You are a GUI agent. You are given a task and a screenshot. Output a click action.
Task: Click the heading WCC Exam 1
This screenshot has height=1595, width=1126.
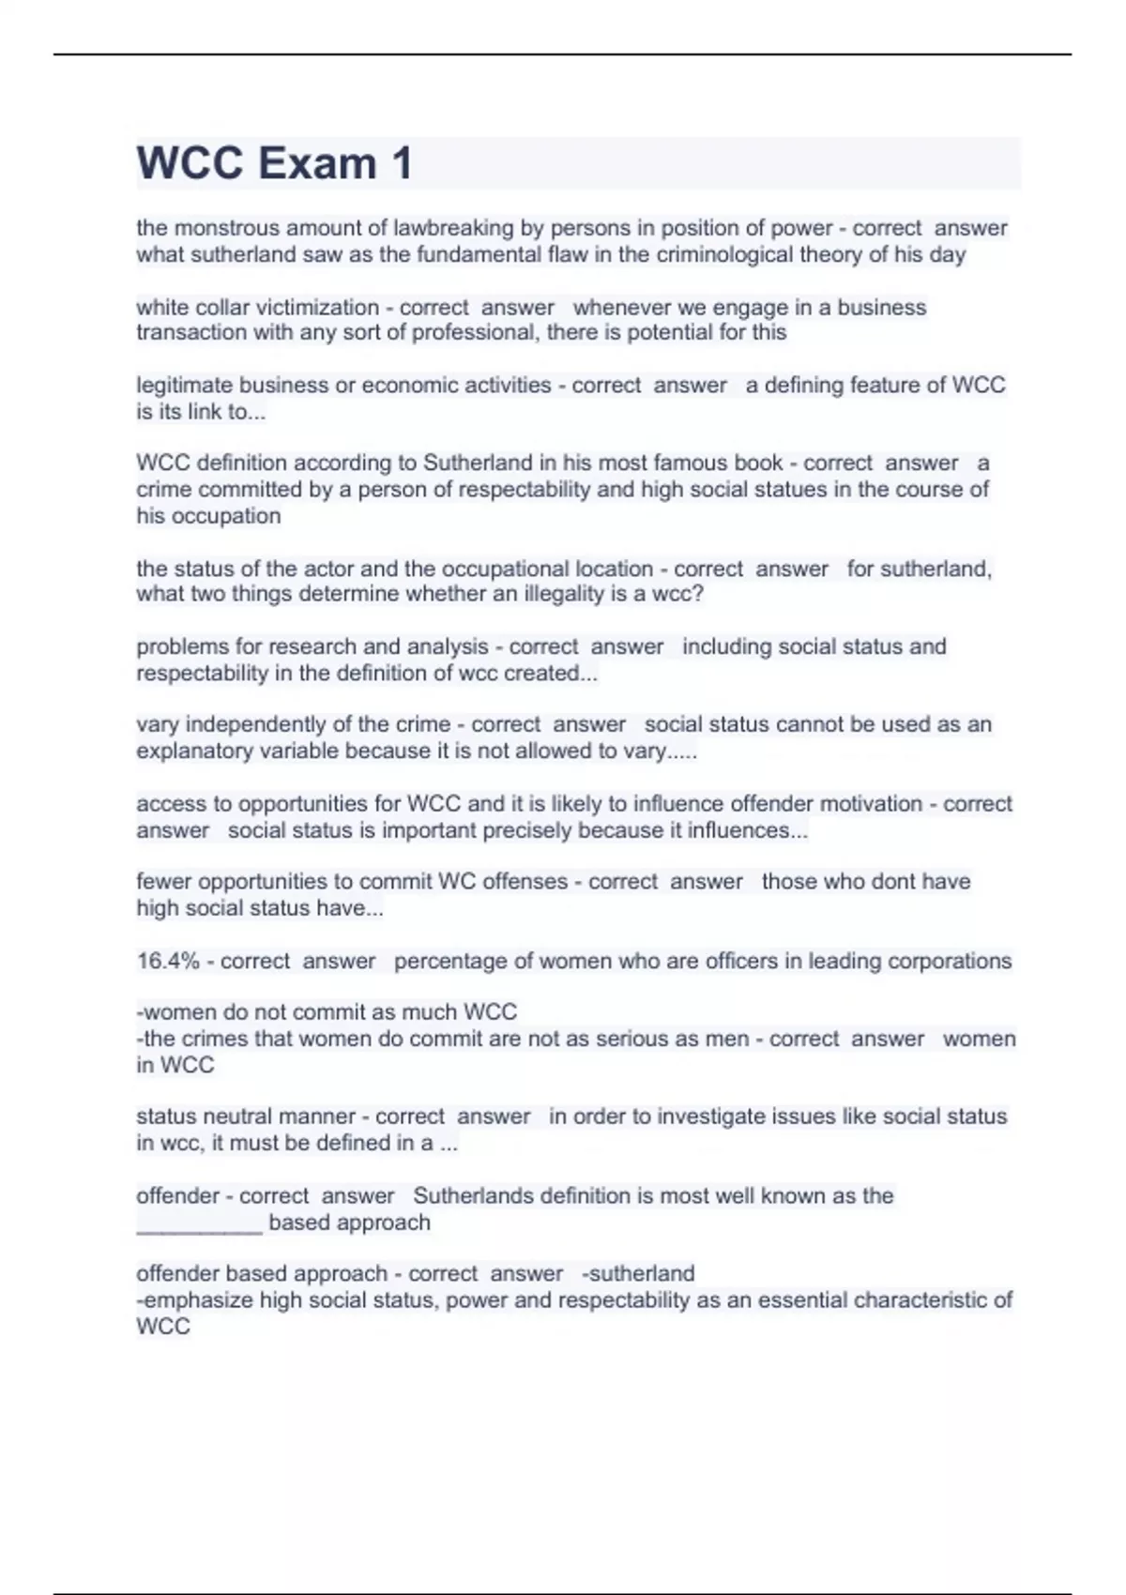tap(274, 163)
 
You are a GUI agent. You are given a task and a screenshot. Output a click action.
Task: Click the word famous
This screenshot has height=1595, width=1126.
tap(685, 463)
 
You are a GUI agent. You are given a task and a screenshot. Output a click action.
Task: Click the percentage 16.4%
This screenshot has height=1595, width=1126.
tap(168, 961)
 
